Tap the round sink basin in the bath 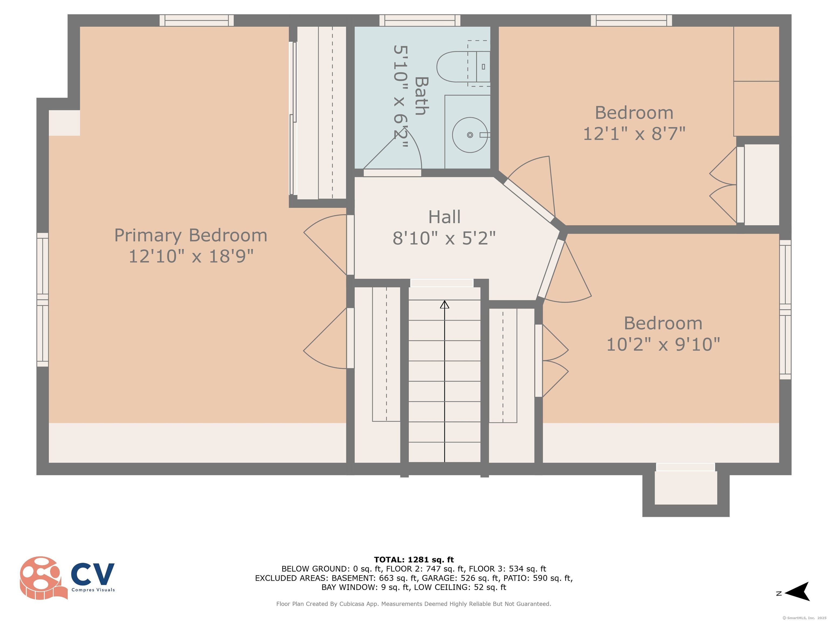470,135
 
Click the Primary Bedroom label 191,236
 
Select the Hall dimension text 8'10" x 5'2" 444,238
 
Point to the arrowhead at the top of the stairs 444,304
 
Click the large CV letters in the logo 93,574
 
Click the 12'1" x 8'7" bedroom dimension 634,134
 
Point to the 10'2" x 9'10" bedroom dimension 663,344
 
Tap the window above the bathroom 420,20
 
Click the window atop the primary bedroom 196,20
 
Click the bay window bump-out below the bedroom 686,490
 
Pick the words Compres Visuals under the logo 93,590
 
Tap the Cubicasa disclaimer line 414,604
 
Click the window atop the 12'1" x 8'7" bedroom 632,20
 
